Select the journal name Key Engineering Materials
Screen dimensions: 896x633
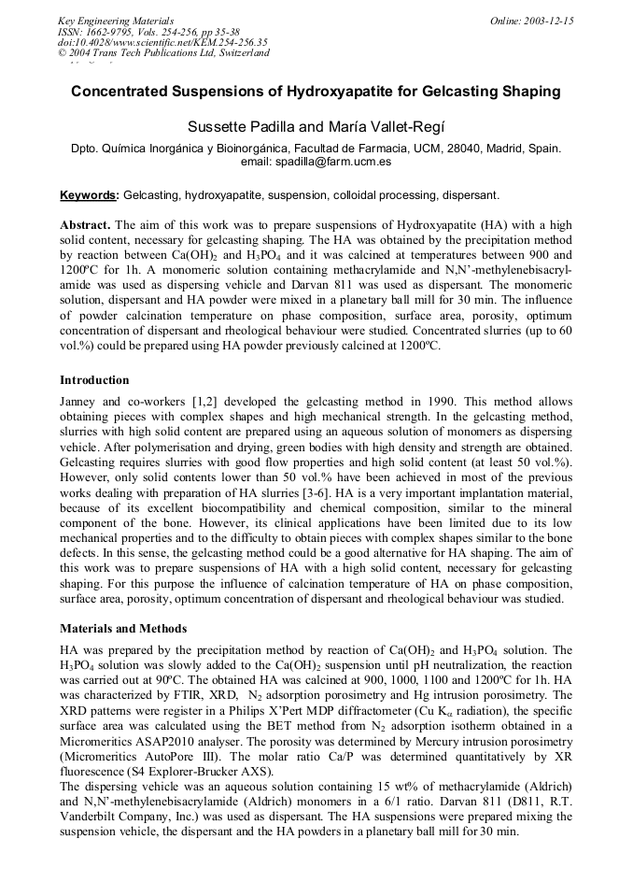(x=116, y=20)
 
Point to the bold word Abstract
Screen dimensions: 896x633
(x=85, y=225)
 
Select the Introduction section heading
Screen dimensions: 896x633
(x=94, y=380)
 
